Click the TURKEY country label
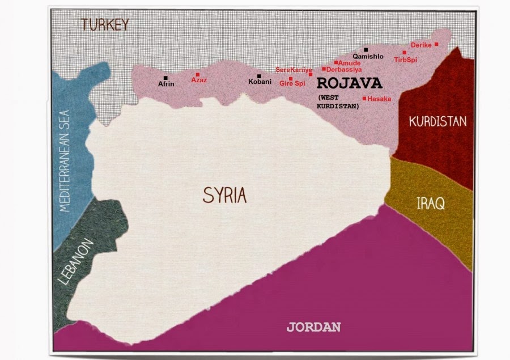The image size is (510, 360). (105, 25)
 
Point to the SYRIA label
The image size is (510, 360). (225, 196)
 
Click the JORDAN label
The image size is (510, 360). (313, 327)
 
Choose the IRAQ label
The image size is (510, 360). (431, 202)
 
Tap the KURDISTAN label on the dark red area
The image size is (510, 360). (437, 121)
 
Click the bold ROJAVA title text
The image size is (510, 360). (349, 83)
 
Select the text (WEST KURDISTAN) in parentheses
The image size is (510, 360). (338, 102)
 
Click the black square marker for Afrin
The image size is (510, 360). (165, 78)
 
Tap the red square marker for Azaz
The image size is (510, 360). (198, 74)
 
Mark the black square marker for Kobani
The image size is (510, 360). (260, 76)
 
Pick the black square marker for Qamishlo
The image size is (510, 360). (366, 50)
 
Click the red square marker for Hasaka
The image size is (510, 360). (364, 99)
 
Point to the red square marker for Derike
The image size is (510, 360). (436, 44)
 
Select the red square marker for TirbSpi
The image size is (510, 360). (405, 52)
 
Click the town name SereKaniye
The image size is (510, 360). (294, 70)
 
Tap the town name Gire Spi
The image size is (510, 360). (292, 83)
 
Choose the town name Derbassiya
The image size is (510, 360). (345, 69)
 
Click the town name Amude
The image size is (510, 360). (350, 63)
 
